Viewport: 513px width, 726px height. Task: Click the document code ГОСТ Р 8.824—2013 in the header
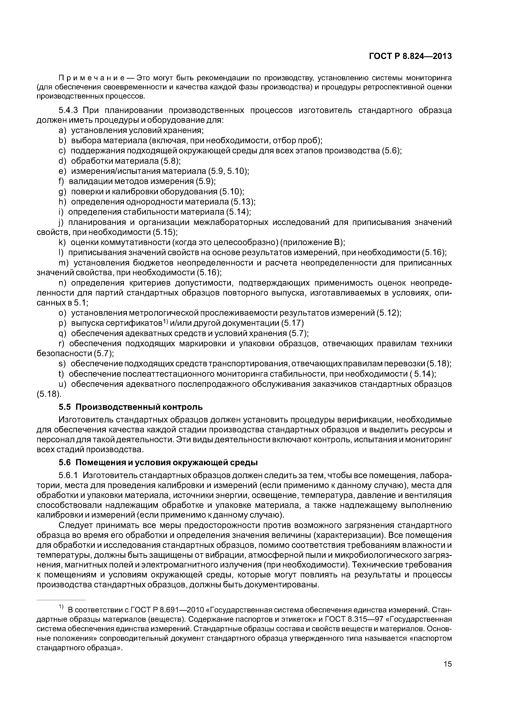click(410, 56)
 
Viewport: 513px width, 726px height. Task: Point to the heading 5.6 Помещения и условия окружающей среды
click(158, 463)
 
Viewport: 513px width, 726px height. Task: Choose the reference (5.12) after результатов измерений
click(389, 313)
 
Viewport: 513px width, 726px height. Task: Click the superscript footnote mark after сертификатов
click(165, 322)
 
